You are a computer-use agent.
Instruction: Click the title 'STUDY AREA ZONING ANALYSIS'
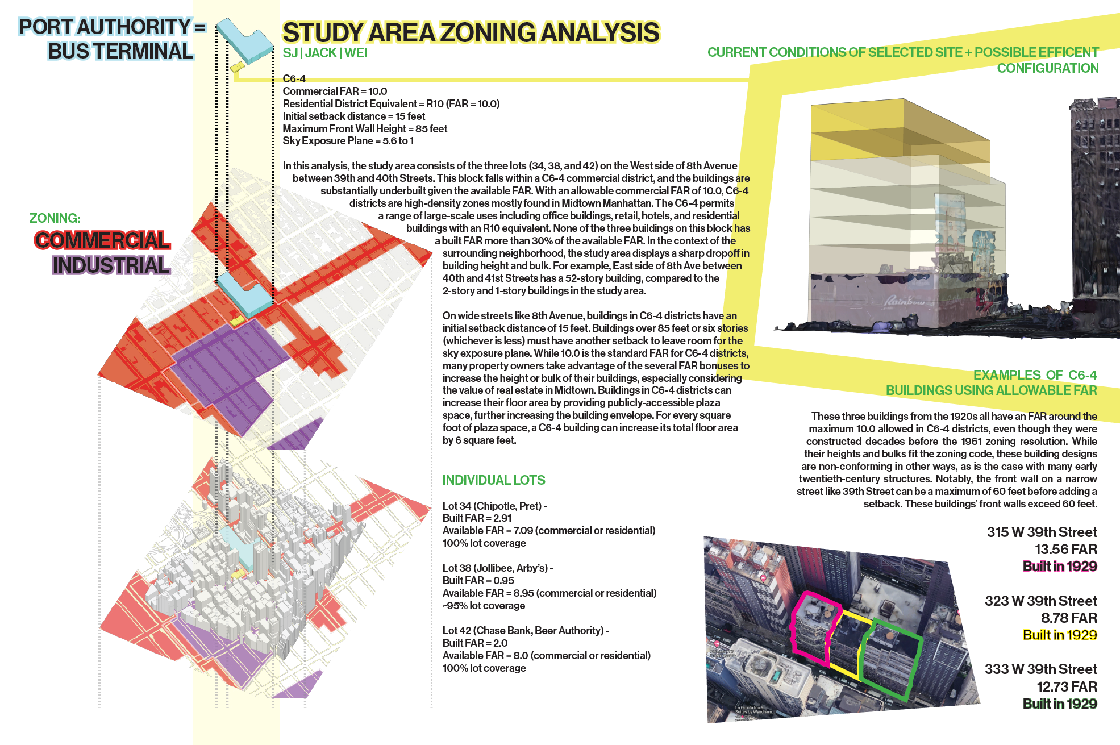pos(471,33)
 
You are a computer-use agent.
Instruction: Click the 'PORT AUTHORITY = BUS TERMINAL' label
pos(112,39)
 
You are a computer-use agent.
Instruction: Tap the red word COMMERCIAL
pos(102,240)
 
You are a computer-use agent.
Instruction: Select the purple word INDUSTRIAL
pos(111,265)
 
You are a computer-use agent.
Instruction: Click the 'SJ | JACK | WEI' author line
pos(325,53)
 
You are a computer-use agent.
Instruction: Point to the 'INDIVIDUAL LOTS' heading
pos(493,480)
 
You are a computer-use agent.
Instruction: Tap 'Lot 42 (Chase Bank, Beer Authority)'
pos(525,631)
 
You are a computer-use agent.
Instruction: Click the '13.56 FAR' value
pos(1065,550)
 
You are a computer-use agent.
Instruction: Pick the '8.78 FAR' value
pos(1068,618)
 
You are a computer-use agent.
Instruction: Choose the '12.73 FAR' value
pos(1067,687)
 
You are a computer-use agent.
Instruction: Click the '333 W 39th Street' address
pos(1040,669)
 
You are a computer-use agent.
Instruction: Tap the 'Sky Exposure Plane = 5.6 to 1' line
pos(348,141)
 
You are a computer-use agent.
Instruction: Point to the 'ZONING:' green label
pos(55,218)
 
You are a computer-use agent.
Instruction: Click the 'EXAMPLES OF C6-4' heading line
pos(1034,375)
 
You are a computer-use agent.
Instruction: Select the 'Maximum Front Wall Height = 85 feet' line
pos(365,129)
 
